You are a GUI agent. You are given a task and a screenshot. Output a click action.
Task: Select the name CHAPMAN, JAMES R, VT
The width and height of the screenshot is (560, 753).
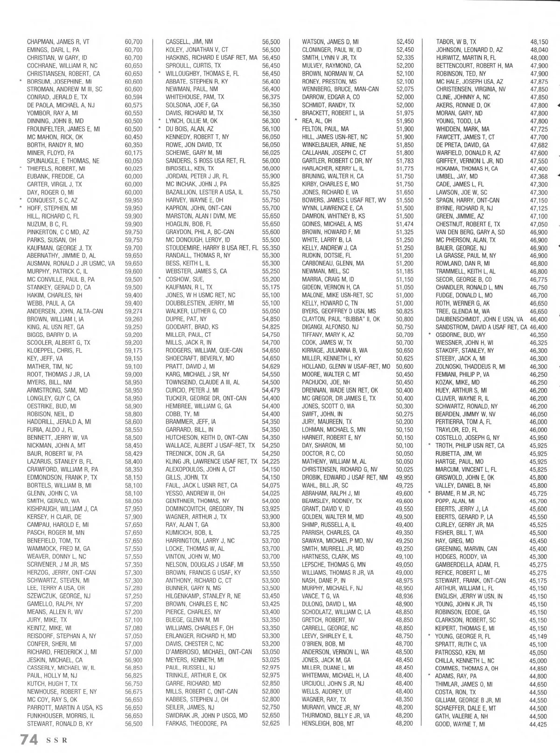tap(58, 42)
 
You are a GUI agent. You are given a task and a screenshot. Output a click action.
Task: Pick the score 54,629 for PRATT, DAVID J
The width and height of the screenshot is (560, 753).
tap(271, 366)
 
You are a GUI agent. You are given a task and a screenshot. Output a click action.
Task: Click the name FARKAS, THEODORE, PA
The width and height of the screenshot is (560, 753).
tap(196, 723)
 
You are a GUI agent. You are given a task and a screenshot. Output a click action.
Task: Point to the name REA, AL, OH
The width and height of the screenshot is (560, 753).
tap(317, 121)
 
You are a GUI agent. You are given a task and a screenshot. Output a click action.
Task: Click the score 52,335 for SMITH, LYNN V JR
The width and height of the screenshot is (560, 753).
tap(405, 57)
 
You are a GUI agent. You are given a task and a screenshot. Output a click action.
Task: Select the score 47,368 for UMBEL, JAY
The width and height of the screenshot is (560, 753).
tap(539, 176)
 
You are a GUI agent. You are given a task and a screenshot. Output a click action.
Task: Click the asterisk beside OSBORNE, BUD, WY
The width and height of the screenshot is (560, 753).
tap(430, 335)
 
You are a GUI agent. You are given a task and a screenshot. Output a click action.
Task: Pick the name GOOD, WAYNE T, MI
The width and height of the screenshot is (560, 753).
tap(460, 723)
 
